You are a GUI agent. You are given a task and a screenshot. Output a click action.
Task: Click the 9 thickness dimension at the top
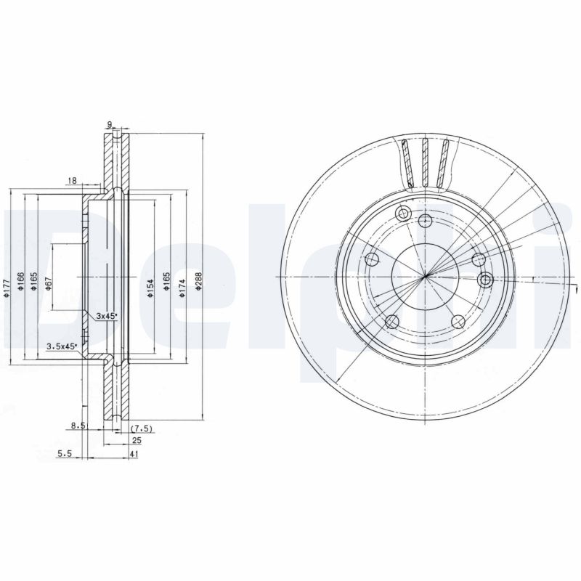click(110, 124)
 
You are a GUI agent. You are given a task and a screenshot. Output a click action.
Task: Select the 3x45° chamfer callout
click(107, 317)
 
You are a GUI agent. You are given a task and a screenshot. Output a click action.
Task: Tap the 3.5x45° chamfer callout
click(62, 346)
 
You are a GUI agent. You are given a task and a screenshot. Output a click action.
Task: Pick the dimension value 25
click(135, 441)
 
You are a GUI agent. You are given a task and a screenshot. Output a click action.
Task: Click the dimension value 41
click(135, 455)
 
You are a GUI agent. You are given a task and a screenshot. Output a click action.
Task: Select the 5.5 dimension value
click(65, 455)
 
